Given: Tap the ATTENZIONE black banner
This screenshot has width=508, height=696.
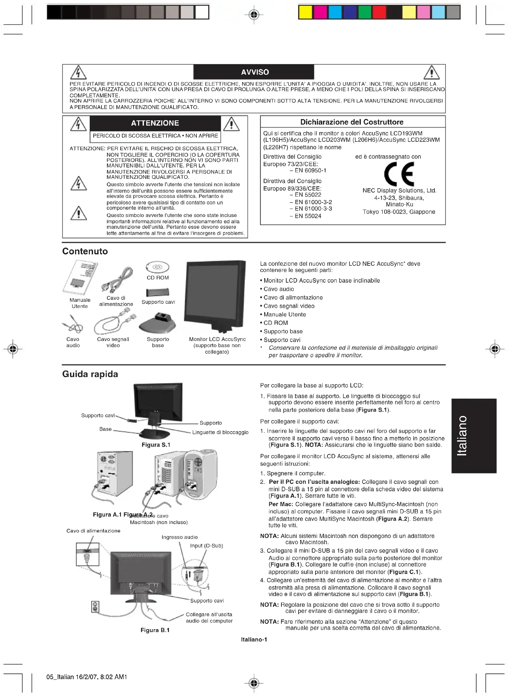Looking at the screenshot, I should pos(155,123).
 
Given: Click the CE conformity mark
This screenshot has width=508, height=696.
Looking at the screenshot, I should pos(399,174).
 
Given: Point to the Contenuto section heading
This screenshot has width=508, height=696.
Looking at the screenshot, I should pos(85,251).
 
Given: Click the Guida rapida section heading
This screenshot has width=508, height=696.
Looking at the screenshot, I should pos(90,374).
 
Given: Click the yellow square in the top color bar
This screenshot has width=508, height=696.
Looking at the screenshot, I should pos(305,12).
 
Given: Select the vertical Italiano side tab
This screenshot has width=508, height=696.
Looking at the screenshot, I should pos(474,435).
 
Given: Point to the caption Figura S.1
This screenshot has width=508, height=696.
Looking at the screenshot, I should pos(156,445).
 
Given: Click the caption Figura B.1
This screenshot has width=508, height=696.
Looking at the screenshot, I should pos(155,630).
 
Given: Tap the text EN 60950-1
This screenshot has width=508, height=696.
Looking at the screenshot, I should pos(308,170).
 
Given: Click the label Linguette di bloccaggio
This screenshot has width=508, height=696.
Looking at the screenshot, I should pos(220,432).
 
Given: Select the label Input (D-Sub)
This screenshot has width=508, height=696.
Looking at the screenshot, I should pos(207,546).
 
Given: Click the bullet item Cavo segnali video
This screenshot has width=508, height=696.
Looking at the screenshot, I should pos(289,306).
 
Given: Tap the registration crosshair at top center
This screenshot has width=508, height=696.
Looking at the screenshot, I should pos(254,14).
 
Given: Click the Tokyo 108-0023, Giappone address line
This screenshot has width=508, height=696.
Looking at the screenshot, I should pos(399,212).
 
